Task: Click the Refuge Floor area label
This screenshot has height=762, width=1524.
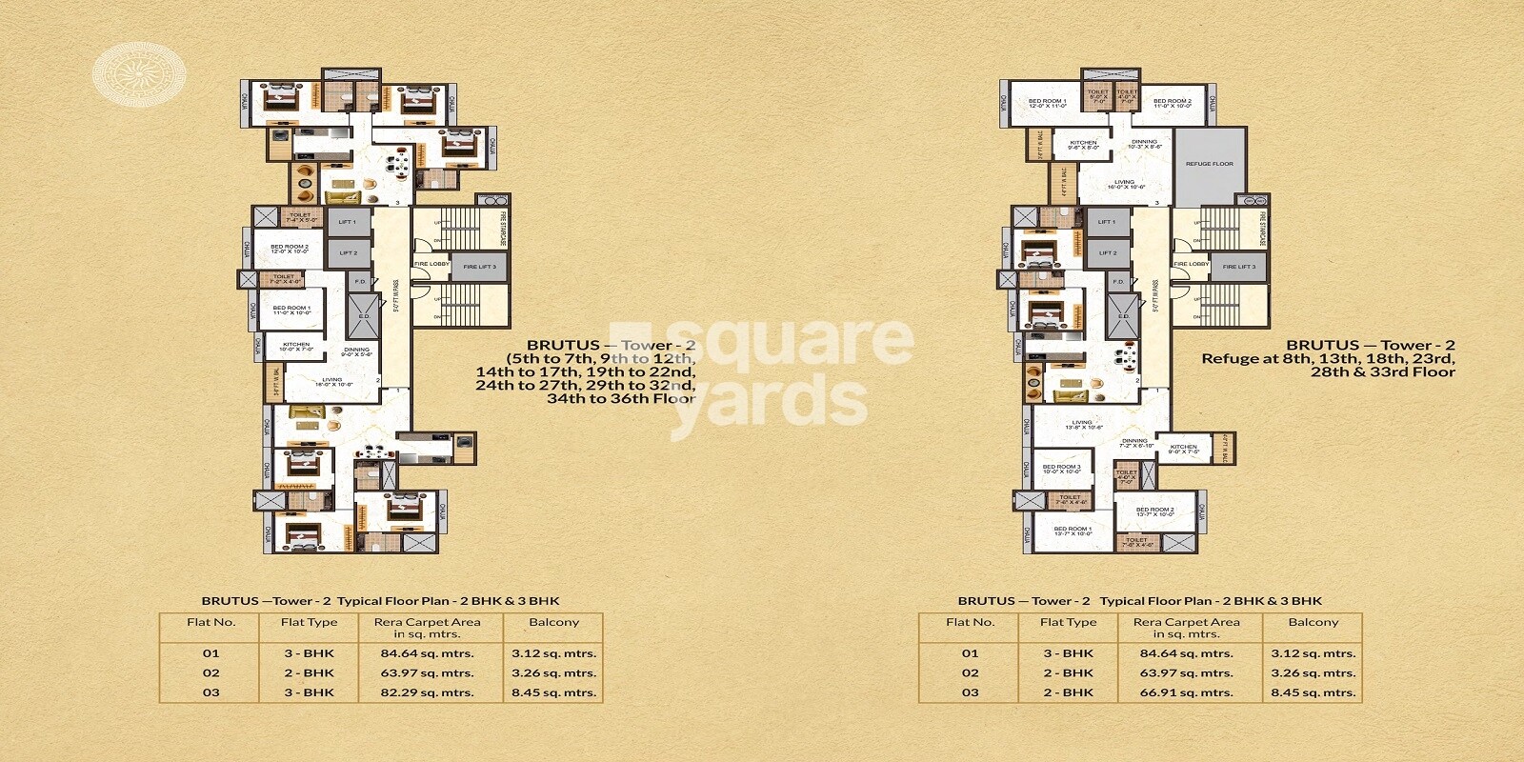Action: tap(1209, 164)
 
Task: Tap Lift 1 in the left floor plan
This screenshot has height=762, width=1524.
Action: tap(347, 222)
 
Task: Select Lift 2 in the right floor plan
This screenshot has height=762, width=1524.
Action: tap(1107, 252)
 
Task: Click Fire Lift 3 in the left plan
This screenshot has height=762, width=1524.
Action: tap(479, 267)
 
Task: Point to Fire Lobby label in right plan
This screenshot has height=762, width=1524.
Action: tap(1191, 264)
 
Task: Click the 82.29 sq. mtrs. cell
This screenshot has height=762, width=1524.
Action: tap(428, 692)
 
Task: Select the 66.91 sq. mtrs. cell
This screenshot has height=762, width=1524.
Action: tap(1187, 692)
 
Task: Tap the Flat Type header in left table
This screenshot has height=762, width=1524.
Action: tap(309, 622)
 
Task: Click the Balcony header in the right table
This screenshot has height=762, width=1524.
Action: tap(1313, 622)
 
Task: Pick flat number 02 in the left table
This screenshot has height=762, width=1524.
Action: tap(211, 672)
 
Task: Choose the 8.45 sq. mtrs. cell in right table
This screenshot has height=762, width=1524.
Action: tap(1313, 692)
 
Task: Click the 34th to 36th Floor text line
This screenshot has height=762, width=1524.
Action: tap(620, 399)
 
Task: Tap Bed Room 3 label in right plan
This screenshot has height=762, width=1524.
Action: tap(1060, 469)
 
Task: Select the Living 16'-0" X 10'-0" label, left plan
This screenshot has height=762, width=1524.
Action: tap(331, 382)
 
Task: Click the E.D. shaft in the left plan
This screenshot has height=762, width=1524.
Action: tap(363, 315)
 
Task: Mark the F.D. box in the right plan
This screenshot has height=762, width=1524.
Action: tap(1119, 282)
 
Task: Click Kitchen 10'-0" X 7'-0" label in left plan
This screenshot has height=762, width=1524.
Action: tap(295, 347)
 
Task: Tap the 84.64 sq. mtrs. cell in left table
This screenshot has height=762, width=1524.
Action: tap(428, 653)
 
